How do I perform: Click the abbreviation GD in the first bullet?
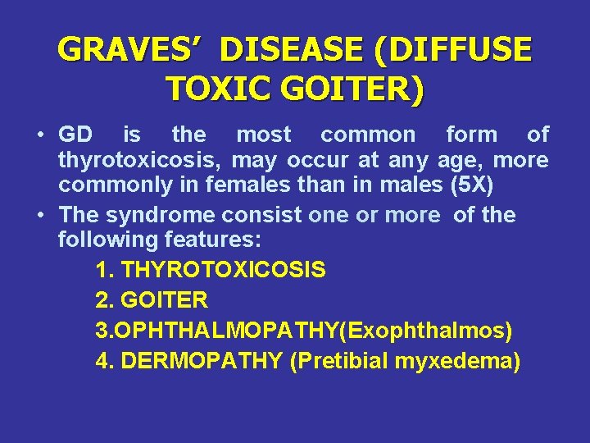[75, 135]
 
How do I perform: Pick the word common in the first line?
[367, 135]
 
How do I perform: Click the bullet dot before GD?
[40, 135]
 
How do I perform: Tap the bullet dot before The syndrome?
[40, 215]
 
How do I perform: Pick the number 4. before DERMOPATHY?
[104, 361]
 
